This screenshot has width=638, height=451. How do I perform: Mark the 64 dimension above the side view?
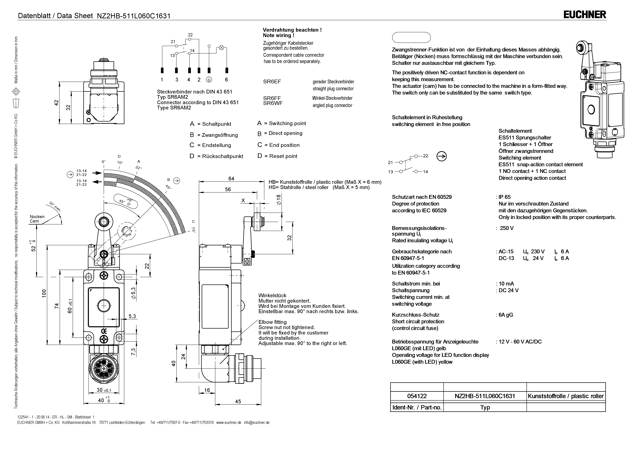[x=231, y=179]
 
